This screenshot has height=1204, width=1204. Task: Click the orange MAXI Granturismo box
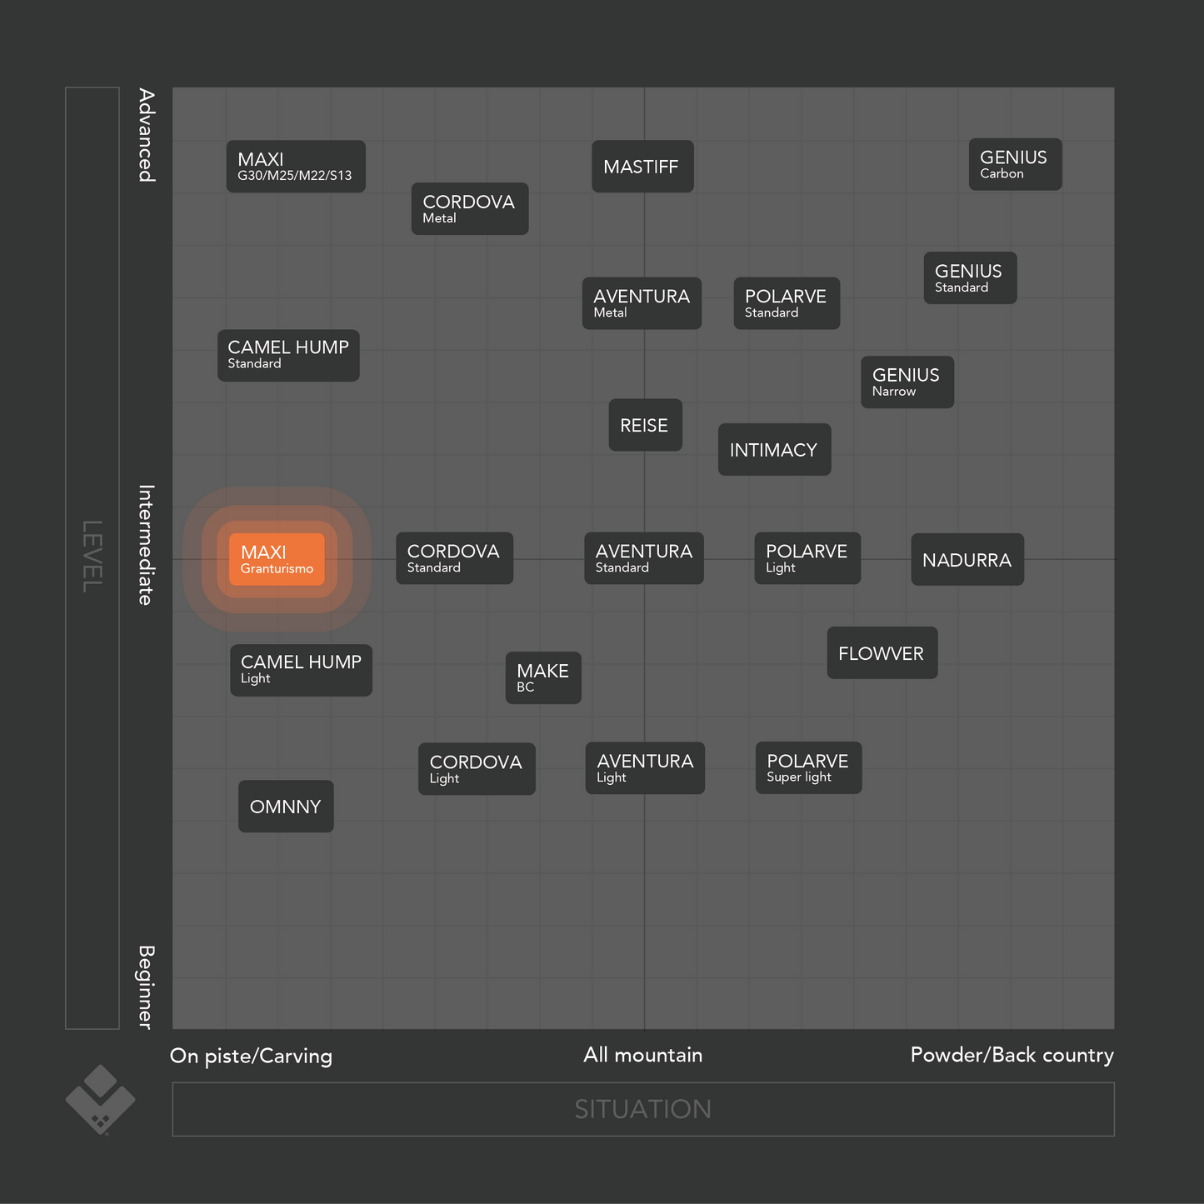coord(277,560)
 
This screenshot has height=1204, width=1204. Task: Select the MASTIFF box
coord(642,167)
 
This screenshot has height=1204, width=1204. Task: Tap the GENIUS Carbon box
coord(1015,165)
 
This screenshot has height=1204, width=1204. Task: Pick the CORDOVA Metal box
coord(470,209)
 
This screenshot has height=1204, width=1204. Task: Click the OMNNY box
coord(286,807)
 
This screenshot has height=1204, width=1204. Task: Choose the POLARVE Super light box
coord(808,768)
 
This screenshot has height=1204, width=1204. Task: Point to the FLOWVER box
coord(882,653)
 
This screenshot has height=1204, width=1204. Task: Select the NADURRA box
coord(967,560)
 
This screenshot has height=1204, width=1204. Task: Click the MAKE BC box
coord(543,678)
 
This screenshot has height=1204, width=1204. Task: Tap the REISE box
coord(645,426)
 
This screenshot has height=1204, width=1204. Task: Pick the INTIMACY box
coord(774,450)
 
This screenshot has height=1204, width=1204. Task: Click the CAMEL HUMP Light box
coord(301,670)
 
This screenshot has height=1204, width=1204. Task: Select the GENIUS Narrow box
coord(907,382)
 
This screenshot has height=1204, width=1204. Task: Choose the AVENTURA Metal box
coord(642,303)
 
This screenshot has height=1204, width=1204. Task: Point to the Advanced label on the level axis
coord(147,135)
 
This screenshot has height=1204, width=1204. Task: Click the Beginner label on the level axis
coord(147,987)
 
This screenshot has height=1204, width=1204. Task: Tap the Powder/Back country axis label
coord(1012,1055)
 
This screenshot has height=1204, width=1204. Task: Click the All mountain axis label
coord(643,1055)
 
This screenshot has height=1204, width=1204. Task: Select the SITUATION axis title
coord(643,1109)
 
